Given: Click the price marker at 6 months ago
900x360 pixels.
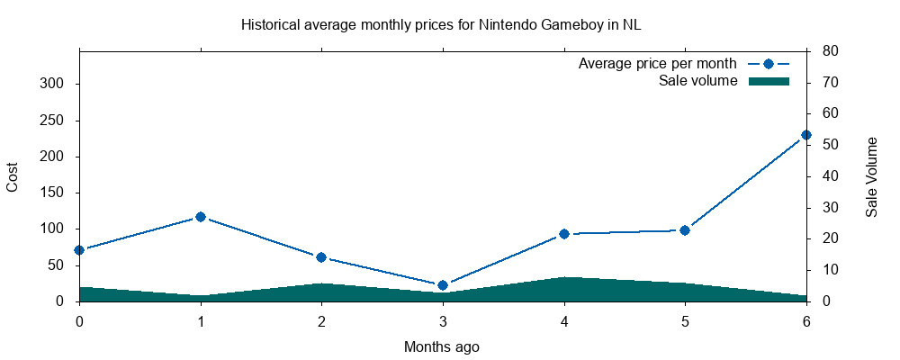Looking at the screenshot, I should coord(806,135).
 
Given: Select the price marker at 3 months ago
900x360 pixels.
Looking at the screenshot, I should coord(443,285).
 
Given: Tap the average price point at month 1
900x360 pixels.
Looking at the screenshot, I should coord(201,217).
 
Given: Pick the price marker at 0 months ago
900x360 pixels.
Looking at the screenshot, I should coord(79,250).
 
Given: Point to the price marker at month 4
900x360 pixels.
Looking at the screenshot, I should coord(564,234).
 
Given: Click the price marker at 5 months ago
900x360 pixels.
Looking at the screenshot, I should coord(685,230).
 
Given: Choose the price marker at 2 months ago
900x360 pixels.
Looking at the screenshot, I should coord(321,257).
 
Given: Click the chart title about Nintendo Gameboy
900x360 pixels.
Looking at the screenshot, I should coord(441,25).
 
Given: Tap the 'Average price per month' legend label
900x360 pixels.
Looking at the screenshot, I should coord(658,64).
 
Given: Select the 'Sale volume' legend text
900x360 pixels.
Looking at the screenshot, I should coord(698,81).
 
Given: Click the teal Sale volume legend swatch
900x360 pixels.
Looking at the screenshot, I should coord(769,81).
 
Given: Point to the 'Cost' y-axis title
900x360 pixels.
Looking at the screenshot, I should coord(13,176).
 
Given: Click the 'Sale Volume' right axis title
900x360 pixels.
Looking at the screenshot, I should coord(871,176).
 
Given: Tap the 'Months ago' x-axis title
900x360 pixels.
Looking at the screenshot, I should coord(441,346).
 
